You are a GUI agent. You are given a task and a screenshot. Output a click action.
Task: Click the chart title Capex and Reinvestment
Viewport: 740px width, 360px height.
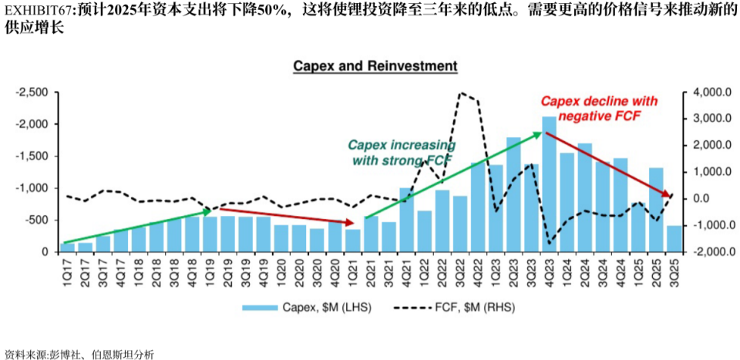pyautogui.click(x=375, y=66)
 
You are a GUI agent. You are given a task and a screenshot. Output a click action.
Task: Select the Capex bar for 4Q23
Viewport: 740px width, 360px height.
pyautogui.click(x=549, y=185)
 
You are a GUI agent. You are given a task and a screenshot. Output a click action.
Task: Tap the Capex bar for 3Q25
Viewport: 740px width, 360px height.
pyautogui.click(x=674, y=239)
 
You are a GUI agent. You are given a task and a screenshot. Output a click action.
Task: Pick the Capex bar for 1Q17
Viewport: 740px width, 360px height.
pyautogui.click(x=67, y=247)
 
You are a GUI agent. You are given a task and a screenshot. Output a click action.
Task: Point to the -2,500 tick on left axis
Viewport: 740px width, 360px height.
pyautogui.click(x=33, y=93)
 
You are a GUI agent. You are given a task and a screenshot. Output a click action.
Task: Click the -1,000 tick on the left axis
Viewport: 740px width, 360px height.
pyautogui.click(x=33, y=188)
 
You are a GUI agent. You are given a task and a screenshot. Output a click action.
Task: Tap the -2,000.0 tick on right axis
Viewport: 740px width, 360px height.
pyautogui.click(x=710, y=252)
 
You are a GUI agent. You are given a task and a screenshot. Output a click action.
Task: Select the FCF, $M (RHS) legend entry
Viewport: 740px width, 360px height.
pyautogui.click(x=454, y=308)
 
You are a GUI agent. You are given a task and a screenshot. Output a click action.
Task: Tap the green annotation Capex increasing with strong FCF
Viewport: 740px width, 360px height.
pyautogui.click(x=401, y=153)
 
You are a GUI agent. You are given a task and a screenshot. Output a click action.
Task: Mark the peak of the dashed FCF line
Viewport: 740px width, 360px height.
pyautogui.click(x=461, y=93)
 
